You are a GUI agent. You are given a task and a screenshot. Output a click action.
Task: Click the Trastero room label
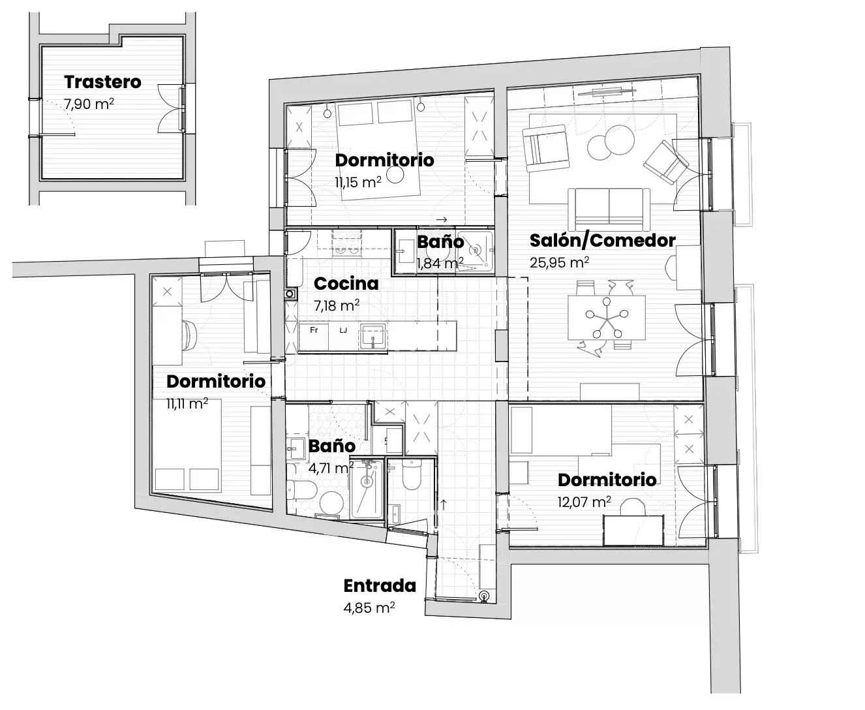coord(102,82)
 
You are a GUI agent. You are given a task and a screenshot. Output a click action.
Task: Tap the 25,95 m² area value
coord(559,262)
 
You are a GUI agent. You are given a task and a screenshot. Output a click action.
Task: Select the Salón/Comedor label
coord(603,241)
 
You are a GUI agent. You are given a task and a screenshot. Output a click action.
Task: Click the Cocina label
coord(346,284)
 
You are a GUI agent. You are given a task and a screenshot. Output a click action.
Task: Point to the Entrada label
coord(380,585)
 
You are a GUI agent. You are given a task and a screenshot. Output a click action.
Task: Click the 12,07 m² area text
coord(584,502)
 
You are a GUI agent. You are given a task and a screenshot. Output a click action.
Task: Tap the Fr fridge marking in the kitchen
coord(314,330)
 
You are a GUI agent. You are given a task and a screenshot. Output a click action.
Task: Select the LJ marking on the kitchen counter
coord(343,330)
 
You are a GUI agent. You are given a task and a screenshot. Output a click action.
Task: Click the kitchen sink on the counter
coord(373,335)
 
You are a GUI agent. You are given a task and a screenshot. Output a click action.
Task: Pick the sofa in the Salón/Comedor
coord(609,209)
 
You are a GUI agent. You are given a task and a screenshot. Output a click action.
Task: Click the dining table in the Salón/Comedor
coord(607,318)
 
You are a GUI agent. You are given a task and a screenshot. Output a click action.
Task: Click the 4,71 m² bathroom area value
coord(331,468)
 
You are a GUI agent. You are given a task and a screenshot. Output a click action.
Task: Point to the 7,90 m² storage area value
coord(89,104)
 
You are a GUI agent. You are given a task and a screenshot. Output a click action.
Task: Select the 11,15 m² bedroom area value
coord(358,182)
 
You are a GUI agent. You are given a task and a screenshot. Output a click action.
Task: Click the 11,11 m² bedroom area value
coord(187,403)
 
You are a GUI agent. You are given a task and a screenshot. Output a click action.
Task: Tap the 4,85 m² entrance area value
coord(369,608)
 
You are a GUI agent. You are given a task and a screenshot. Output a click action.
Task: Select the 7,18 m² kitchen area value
coord(337,305)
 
